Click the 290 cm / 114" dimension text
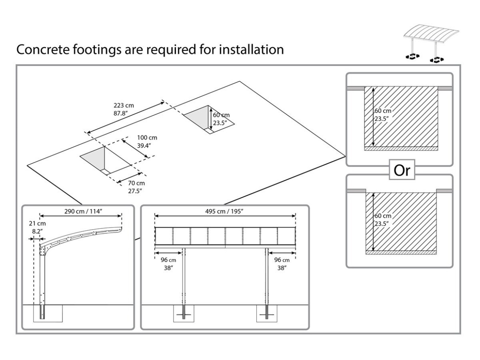tap(80, 211)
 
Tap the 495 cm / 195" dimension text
tap(225, 211)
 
